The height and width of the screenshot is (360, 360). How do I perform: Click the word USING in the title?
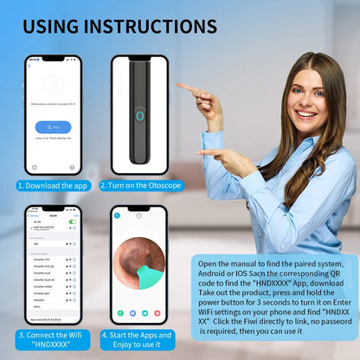pyautogui.click(x=62, y=26)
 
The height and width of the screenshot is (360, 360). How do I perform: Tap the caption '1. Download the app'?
pyautogui.click(x=52, y=184)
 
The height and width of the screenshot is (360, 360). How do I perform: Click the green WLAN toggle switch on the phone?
pyautogui.click(x=73, y=222)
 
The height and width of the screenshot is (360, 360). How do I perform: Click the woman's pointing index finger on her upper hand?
pyautogui.click(x=184, y=87)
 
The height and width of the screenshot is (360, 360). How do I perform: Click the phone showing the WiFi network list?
pyautogui.click(x=52, y=264)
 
